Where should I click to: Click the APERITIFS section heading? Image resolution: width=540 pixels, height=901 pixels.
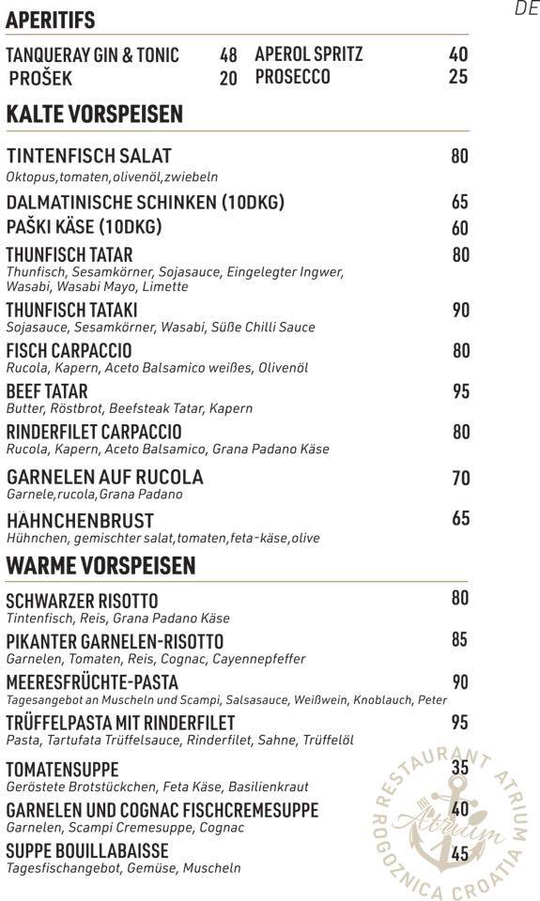click(50, 20)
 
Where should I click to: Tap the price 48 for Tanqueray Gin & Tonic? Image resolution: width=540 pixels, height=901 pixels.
click(228, 55)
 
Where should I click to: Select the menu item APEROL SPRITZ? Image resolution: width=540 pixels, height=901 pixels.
click(308, 54)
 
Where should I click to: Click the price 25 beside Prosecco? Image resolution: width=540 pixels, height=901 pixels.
click(458, 77)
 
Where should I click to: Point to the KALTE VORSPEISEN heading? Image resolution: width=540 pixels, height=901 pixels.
click(94, 115)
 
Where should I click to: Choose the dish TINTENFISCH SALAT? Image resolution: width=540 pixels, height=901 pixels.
click(88, 156)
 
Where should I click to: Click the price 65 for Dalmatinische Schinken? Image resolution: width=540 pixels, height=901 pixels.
click(459, 202)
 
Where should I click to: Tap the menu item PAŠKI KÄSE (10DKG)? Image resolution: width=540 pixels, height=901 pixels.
click(84, 227)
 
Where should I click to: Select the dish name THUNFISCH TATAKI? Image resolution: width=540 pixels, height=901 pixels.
click(71, 310)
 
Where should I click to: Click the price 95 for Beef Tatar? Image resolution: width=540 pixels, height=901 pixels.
click(460, 391)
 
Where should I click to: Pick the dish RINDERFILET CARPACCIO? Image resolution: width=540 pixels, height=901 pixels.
click(94, 432)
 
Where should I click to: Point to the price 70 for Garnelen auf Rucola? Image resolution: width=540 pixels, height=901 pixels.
click(460, 479)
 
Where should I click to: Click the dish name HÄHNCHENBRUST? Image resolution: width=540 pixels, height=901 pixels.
click(80, 520)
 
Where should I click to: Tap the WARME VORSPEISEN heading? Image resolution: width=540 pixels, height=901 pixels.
click(100, 566)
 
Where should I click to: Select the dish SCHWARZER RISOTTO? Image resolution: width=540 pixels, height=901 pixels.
click(82, 601)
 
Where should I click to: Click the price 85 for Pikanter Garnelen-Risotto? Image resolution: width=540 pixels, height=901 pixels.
click(459, 640)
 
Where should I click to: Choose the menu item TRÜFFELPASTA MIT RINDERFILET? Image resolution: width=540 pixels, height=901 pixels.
click(120, 723)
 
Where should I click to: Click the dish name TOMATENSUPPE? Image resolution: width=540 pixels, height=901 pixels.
click(62, 770)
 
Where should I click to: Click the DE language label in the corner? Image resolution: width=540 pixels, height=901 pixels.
click(526, 9)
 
